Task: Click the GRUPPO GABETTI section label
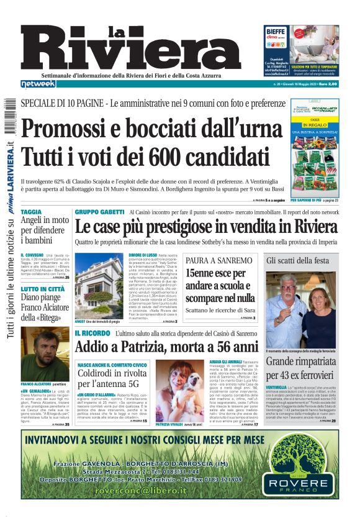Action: point(99,212)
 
